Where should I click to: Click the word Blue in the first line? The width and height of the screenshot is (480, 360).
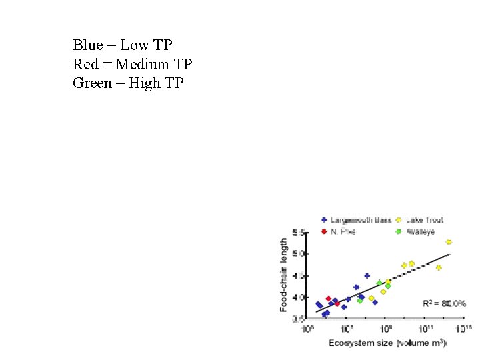(88, 45)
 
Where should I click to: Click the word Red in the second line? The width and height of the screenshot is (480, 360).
(85, 65)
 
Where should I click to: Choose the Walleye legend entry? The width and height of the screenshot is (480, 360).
(420, 231)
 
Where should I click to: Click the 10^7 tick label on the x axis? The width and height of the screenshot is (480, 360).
(348, 329)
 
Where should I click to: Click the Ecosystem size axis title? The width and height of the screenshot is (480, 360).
(387, 343)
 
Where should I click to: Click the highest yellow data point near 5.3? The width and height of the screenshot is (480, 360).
(449, 242)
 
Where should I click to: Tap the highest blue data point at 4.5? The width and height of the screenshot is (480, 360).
(367, 276)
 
